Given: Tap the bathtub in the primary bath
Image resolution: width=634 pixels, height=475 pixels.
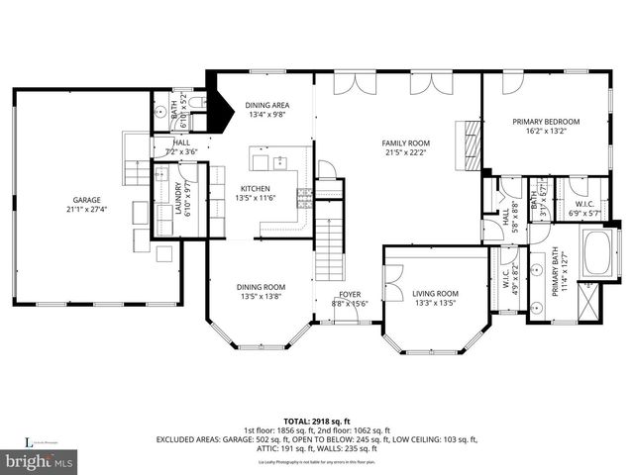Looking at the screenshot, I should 596,252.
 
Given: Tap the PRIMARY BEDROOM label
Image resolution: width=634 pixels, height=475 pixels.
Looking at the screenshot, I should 546,122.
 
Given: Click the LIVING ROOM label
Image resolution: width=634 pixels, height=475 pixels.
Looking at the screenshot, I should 435,293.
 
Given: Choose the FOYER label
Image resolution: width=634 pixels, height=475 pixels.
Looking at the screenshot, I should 350,294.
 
